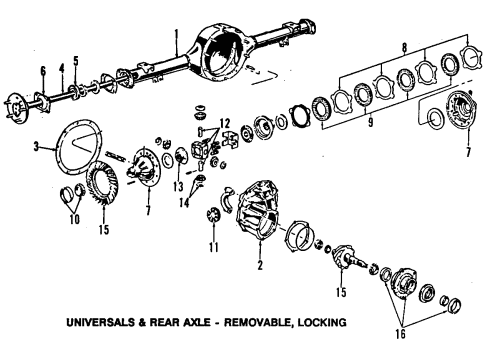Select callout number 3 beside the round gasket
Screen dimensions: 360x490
click(35, 147)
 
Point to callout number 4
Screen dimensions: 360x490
click(60, 69)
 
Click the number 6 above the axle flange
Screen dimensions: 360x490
click(43, 70)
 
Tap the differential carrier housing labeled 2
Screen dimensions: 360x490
click(255, 215)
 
